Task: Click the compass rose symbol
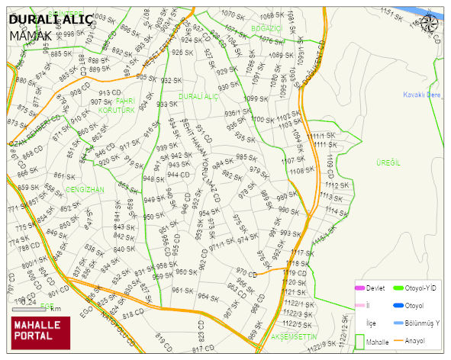tap(430, 23)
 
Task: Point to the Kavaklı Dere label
tap(423, 95)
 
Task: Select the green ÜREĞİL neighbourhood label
tap(388, 163)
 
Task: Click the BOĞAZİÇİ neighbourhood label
tap(266, 28)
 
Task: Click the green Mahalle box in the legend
tap(360, 342)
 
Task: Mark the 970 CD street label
tap(246, 272)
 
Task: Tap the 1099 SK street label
tap(256, 99)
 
